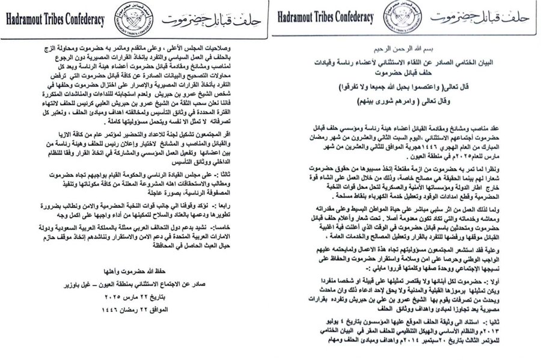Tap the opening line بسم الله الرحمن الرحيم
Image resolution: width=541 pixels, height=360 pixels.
coord(409,50)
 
